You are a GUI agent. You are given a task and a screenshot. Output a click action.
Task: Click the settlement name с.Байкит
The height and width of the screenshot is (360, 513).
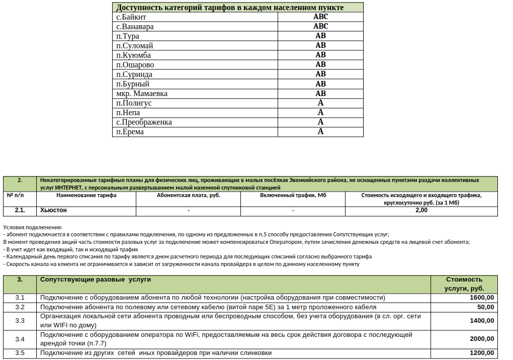point(131,17)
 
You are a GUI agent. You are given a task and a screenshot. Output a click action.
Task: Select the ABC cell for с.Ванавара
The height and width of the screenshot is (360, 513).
point(320,27)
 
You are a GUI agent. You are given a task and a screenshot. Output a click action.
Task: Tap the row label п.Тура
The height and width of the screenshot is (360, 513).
point(128,36)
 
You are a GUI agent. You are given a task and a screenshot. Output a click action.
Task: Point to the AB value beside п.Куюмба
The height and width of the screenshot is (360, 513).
point(320,55)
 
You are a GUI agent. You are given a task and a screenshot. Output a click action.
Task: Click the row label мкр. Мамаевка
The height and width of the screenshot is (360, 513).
point(142,94)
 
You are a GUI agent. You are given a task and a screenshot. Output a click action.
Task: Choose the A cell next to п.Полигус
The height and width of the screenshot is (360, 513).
point(320,103)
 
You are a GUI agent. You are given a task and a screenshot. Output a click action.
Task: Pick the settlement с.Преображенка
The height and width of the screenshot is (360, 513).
point(144,122)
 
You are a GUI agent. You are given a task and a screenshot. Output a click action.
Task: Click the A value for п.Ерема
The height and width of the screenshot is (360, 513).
point(320,132)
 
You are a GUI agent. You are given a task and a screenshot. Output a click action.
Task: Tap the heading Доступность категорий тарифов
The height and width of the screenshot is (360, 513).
point(230,8)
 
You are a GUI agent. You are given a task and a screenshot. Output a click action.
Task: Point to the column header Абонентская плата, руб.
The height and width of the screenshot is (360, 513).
point(189,196)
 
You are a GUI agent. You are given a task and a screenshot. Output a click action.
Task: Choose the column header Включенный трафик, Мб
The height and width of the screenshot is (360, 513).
point(293,196)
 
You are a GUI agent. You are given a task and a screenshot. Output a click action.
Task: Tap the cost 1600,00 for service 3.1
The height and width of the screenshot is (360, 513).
point(481,298)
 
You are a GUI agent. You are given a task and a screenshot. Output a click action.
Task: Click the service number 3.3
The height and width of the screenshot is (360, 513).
point(20,321)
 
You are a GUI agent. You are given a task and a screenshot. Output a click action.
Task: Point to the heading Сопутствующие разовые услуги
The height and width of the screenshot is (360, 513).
point(96,280)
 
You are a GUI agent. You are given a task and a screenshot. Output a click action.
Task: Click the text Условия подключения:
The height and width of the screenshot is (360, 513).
point(32,228)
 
